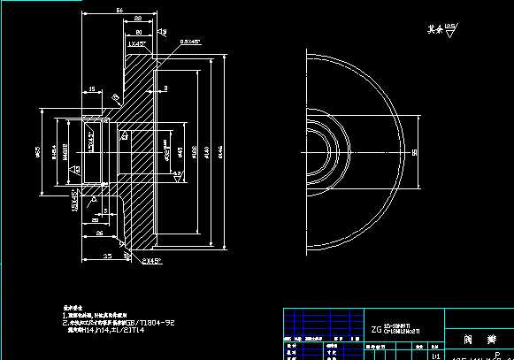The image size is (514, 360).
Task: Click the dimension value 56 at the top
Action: coord(119,10)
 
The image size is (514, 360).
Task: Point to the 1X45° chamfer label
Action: coord(136,42)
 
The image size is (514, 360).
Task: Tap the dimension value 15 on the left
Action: coord(93,88)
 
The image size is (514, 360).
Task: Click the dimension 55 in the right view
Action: coord(416,152)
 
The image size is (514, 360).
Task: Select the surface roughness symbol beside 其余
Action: coord(451,29)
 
